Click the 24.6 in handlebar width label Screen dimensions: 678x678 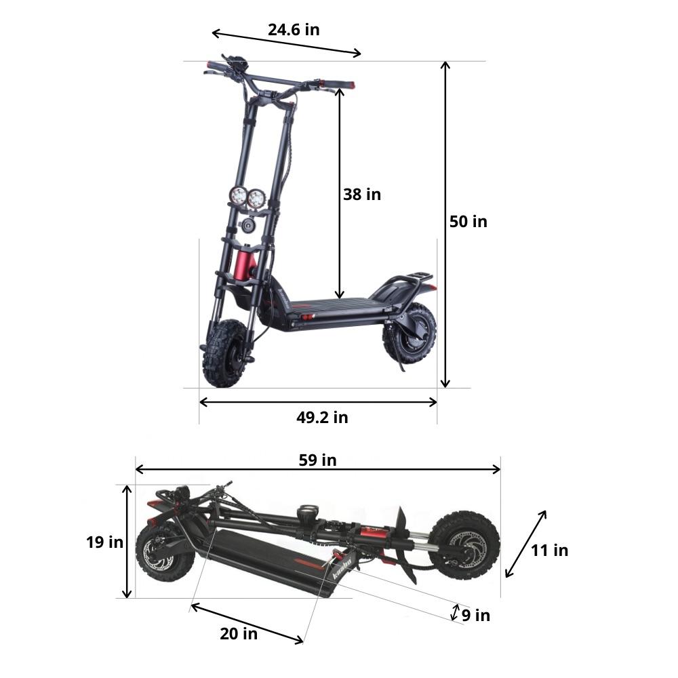293,29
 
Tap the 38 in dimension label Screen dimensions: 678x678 362,195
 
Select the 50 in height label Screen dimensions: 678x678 468,222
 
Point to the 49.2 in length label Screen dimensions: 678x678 321,418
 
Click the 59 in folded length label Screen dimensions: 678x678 317,460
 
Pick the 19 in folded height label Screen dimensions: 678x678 104,542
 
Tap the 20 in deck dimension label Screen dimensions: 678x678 239,635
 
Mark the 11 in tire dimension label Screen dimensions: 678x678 549,551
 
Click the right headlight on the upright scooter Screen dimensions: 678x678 256,199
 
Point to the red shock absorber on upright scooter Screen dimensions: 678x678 245,264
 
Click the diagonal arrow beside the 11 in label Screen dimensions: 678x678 525,544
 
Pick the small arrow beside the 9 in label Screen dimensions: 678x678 456,612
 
